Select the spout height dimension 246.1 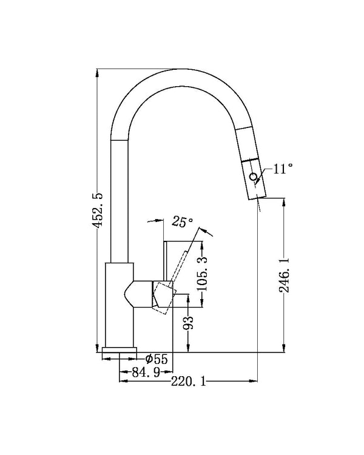(x=284, y=275)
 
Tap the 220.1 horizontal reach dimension (x=189, y=381)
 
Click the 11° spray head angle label (x=282, y=169)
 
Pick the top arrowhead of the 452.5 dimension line (x=97, y=72)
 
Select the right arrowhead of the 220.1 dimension (x=254, y=382)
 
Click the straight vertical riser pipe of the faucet (x=120, y=200)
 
